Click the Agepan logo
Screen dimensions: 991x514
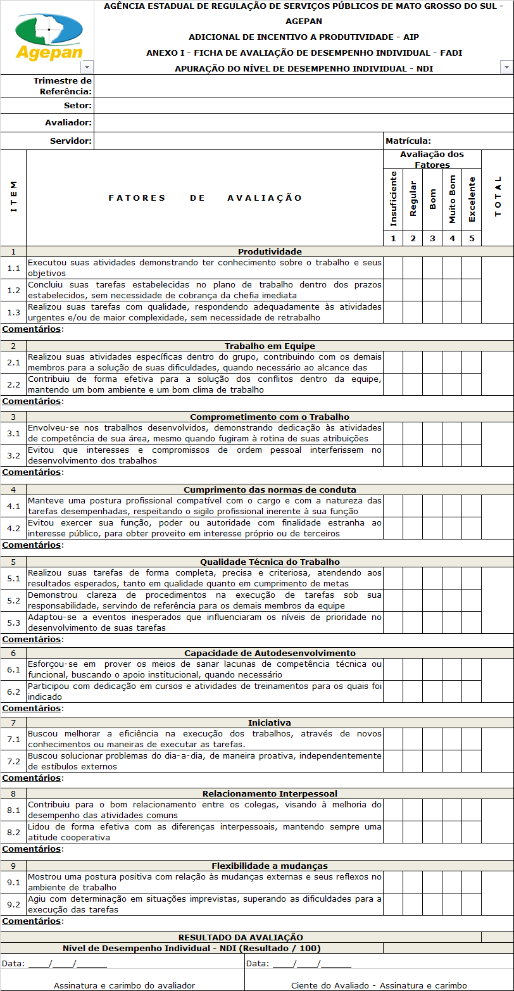click(48, 36)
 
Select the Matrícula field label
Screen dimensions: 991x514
click(408, 141)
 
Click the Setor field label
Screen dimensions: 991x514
click(77, 106)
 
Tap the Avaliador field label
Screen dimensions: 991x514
click(68, 122)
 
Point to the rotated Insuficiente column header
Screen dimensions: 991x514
click(393, 198)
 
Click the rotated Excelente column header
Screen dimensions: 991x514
click(472, 198)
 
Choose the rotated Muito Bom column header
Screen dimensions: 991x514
click(452, 198)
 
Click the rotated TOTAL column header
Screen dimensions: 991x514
click(498, 197)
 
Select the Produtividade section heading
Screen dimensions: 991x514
click(270, 251)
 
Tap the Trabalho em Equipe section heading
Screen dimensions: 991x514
click(270, 346)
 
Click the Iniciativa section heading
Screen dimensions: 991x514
click(270, 723)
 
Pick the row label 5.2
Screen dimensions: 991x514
click(13, 600)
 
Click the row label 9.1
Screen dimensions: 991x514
click(13, 882)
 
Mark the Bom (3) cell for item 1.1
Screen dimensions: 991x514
click(432, 268)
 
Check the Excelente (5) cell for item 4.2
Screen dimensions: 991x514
click(472, 528)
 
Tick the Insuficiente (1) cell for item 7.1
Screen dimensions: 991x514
click(393, 739)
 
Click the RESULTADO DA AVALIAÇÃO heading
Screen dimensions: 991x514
click(241, 937)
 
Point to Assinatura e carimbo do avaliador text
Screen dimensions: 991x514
click(124, 985)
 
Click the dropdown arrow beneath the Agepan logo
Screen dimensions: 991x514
click(87, 67)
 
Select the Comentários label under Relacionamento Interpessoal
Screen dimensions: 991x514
click(32, 849)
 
